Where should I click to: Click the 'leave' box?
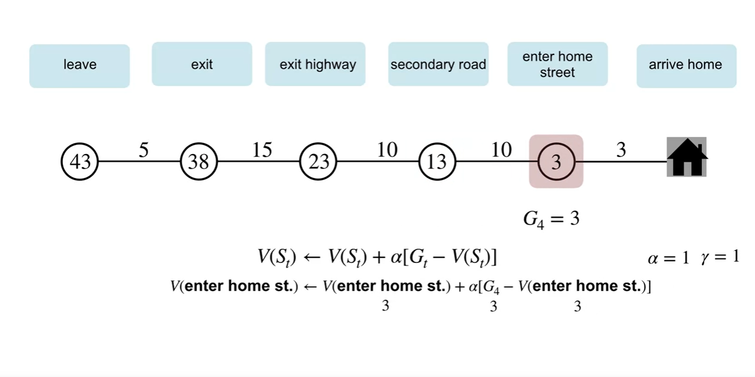pos(80,65)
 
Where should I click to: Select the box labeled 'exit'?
pos(201,64)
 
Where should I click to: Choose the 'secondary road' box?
pos(438,64)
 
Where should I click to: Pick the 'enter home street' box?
pos(557,64)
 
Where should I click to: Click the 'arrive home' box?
pos(686,65)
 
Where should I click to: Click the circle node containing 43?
pos(80,162)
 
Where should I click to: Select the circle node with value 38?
pos(199,162)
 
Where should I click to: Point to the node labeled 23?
pos(318,162)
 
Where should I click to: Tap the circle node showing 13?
pos(437,162)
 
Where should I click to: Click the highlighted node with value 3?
pos(556,162)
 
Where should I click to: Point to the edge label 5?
pos(144,150)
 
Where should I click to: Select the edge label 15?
pos(263,150)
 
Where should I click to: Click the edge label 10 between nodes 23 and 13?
pos(388,150)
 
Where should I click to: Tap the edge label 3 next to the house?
pos(621,150)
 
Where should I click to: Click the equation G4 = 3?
pos(551,219)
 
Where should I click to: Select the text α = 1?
pos(668,258)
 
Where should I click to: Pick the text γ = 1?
pos(720,257)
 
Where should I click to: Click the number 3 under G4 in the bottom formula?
pos(493,307)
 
